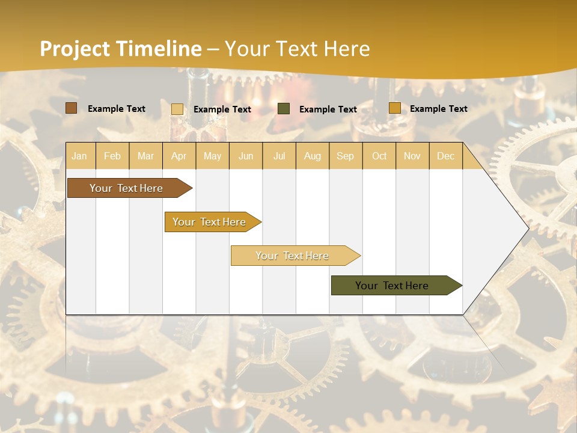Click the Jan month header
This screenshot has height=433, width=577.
[x=79, y=156]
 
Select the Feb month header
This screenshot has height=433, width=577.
[x=112, y=156]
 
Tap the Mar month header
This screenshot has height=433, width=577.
[x=145, y=156]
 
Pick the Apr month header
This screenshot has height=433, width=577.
[x=179, y=156]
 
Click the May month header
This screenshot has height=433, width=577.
[x=212, y=156]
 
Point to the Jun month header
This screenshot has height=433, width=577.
[x=246, y=156]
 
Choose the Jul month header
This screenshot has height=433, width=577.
[x=279, y=156]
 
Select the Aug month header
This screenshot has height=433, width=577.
[x=312, y=156]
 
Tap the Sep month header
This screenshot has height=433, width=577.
[x=345, y=156]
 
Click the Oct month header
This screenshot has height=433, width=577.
[x=379, y=156]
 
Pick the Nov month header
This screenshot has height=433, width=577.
[x=412, y=156]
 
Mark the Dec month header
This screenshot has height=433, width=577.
[x=445, y=156]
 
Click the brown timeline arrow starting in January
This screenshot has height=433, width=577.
[x=127, y=188]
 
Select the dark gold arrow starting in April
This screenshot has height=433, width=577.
[x=210, y=222]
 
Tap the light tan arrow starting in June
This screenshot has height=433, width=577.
[x=293, y=256]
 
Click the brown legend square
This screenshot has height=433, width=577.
[x=71, y=108]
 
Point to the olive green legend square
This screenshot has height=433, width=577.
[x=284, y=109]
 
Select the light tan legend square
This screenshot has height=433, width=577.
[x=177, y=109]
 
